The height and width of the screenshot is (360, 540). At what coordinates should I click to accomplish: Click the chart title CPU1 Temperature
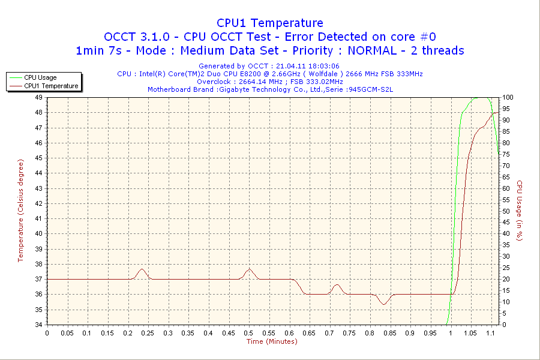click(x=269, y=23)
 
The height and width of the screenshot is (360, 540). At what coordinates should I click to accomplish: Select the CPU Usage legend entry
click(x=40, y=77)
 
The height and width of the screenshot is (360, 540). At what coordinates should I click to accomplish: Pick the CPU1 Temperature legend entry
click(x=50, y=86)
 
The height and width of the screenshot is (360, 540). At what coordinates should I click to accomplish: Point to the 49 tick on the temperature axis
click(x=38, y=97)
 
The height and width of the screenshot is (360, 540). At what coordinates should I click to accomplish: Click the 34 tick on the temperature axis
click(x=38, y=325)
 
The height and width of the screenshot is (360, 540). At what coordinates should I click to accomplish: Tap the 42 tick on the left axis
click(x=38, y=203)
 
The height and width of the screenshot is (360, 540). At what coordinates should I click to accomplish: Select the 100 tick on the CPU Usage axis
click(x=508, y=97)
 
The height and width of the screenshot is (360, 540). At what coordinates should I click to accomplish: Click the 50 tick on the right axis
click(x=506, y=211)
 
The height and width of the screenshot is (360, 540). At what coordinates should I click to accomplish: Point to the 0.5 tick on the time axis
click(x=248, y=333)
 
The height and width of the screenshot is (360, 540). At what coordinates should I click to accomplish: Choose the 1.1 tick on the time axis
click(x=490, y=333)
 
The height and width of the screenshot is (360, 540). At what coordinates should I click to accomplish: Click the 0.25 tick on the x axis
click(x=148, y=333)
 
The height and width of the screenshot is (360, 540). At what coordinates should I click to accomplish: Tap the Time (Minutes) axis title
click(x=272, y=341)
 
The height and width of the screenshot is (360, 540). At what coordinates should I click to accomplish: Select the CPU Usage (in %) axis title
click(x=520, y=211)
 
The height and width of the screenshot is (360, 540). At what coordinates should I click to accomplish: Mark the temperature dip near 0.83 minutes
click(x=383, y=304)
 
